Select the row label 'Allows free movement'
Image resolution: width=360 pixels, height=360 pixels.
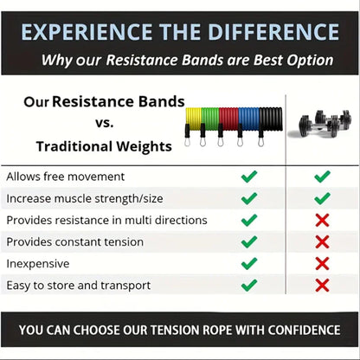[x=60, y=177]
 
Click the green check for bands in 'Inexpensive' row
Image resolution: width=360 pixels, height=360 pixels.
[x=249, y=263]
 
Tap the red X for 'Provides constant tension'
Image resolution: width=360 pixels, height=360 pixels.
[x=322, y=241]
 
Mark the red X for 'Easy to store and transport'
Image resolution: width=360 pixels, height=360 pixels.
[x=322, y=285]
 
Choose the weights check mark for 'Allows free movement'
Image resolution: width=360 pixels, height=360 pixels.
[x=322, y=177]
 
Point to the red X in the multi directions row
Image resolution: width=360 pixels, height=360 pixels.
[x=322, y=220]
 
